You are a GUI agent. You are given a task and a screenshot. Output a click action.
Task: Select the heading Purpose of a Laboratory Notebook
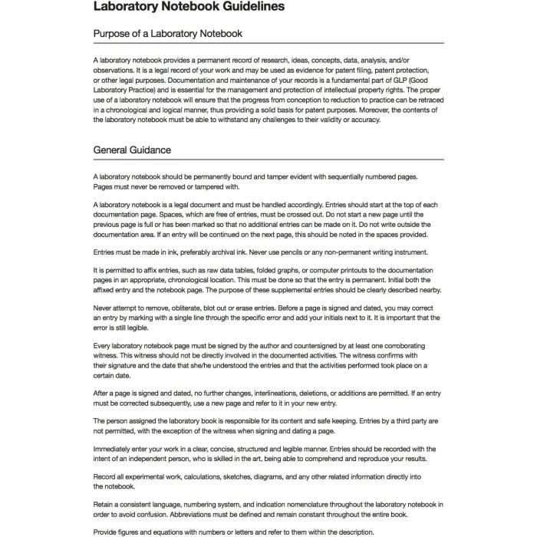(x=168, y=34)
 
